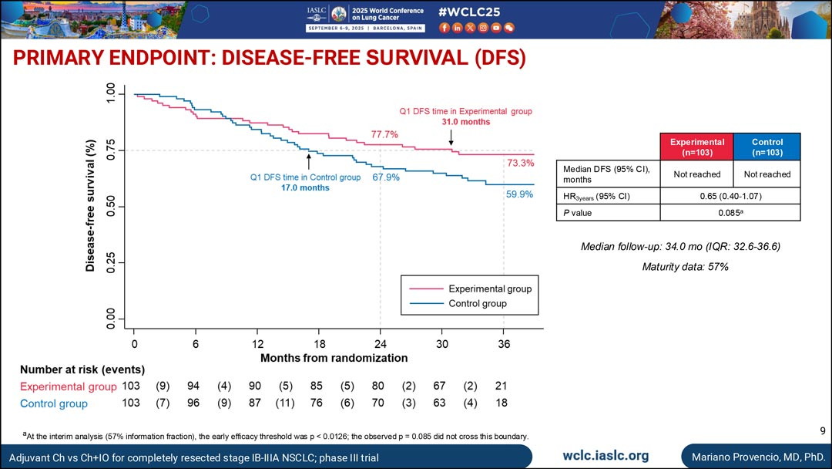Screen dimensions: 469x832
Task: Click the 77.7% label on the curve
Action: (x=384, y=134)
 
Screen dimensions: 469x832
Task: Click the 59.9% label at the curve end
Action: (x=520, y=194)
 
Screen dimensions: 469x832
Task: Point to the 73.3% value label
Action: (x=521, y=163)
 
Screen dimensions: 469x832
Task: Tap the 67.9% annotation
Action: (x=386, y=177)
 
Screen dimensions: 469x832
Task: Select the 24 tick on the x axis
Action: (x=381, y=344)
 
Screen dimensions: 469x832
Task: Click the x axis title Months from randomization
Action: (x=334, y=358)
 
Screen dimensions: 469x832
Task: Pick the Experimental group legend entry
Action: (x=490, y=288)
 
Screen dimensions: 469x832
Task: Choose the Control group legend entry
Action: (x=478, y=304)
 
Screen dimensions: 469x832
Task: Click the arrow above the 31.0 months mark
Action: (x=451, y=137)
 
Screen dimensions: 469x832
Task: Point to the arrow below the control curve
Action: (x=309, y=161)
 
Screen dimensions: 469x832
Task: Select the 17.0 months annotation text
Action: (x=305, y=188)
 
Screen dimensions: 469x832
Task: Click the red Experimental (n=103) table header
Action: (x=697, y=147)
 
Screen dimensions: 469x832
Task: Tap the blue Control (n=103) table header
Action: (x=767, y=147)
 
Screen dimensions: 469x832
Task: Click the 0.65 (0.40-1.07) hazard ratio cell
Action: (x=732, y=196)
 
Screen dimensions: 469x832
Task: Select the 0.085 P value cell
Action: (x=732, y=213)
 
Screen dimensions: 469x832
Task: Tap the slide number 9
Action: (x=821, y=430)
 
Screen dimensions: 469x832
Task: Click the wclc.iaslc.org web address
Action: (x=606, y=456)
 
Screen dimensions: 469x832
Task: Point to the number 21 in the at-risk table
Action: (x=501, y=386)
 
